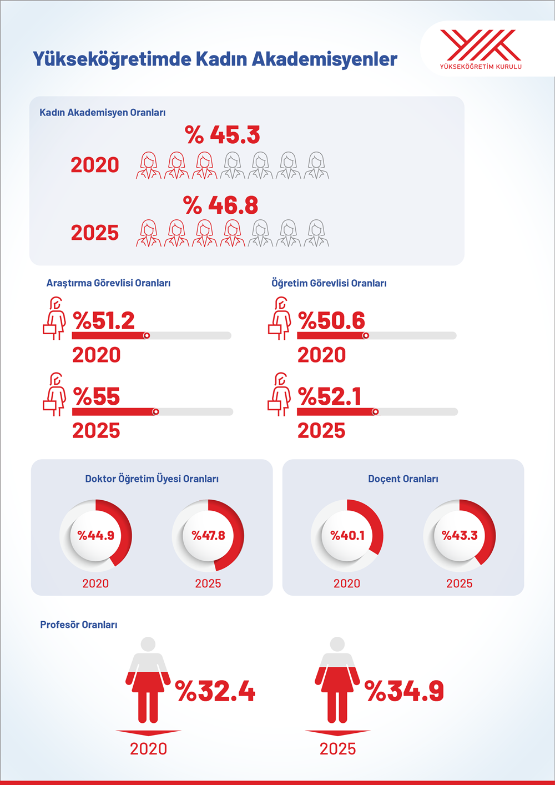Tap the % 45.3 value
222,135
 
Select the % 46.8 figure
220,205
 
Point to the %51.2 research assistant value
104,321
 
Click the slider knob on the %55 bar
156,412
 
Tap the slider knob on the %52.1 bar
376,412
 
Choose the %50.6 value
331,321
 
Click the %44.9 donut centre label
95,536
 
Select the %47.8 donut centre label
208,536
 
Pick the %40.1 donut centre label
347,536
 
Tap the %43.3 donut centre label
460,536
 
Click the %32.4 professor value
215,691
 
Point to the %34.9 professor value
405,691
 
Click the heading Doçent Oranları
403,479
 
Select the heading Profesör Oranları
79,625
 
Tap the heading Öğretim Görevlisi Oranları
329,283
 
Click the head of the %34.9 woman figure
337,644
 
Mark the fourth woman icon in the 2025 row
233,233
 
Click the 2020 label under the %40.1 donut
347,583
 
